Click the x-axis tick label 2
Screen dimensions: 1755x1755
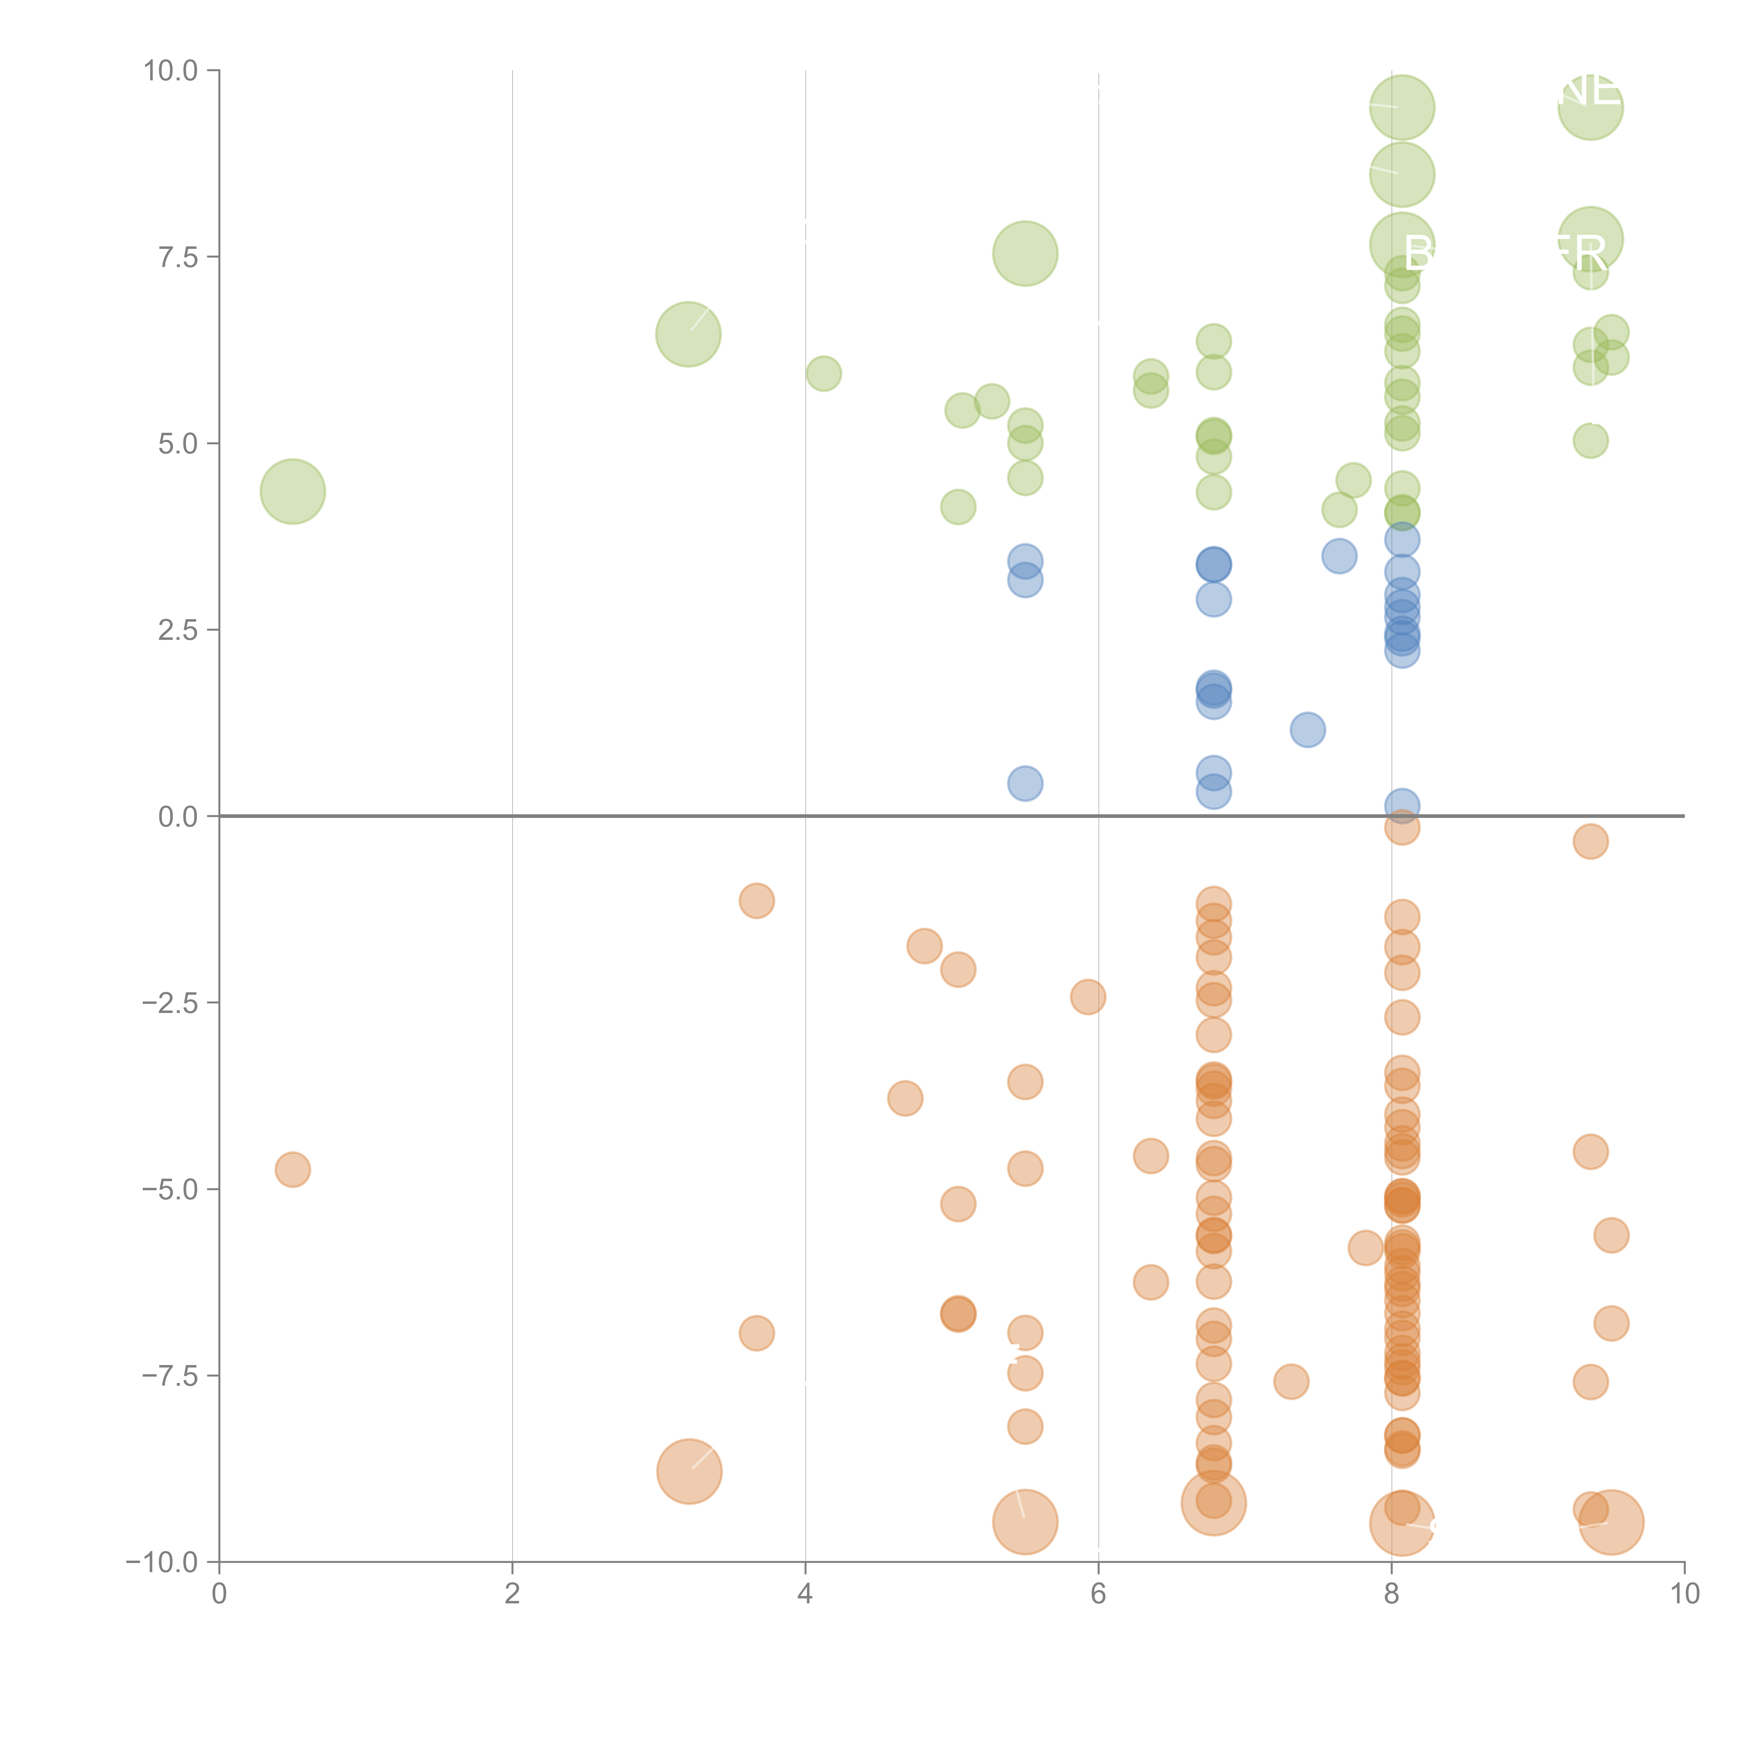point(512,1594)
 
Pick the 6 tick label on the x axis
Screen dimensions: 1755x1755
point(1098,1594)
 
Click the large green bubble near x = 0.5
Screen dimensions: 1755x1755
point(292,491)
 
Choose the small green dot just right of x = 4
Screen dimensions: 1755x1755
point(823,373)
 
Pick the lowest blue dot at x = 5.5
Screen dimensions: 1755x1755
point(1025,783)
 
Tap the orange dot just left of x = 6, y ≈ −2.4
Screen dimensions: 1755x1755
point(1087,996)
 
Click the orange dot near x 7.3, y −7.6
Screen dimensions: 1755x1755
point(1291,1382)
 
